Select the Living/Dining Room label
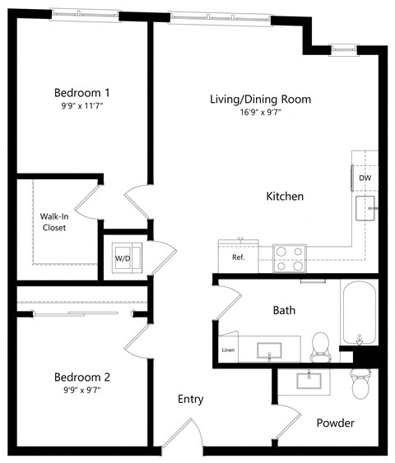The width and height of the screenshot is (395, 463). [260, 100]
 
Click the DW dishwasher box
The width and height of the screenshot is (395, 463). [364, 176]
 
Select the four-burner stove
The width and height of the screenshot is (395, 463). [290, 258]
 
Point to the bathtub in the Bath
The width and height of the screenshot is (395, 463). [360, 314]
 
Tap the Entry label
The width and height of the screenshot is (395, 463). [191, 400]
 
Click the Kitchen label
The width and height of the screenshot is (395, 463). [285, 197]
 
